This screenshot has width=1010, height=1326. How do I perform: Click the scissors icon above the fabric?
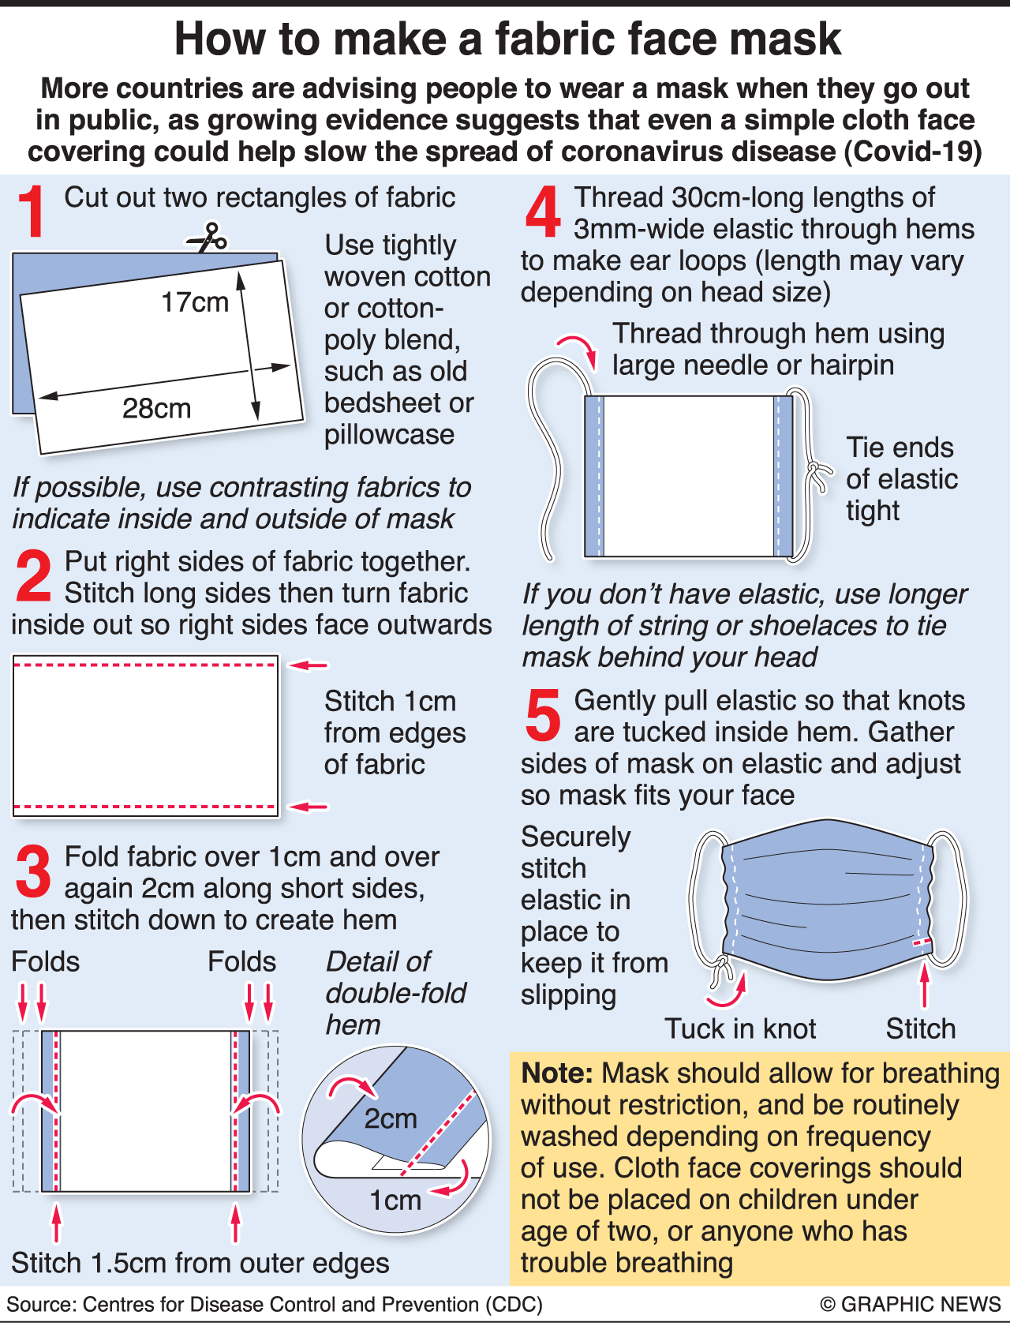(x=207, y=238)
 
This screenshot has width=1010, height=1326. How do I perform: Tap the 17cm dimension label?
(x=195, y=302)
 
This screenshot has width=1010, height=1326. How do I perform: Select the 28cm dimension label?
(x=156, y=408)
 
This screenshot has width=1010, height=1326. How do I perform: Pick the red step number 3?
(x=33, y=871)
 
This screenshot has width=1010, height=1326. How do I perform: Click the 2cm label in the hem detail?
(x=391, y=1119)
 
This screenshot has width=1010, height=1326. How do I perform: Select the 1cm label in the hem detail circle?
(x=395, y=1201)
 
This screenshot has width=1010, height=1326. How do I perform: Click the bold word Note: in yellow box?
(x=557, y=1073)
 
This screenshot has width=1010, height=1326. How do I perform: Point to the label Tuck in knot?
(x=740, y=1028)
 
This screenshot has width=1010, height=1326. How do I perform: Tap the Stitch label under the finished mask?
(x=921, y=1028)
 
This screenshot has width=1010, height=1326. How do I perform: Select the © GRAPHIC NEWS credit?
(x=911, y=1304)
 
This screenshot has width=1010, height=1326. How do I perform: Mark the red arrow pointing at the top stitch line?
(x=308, y=665)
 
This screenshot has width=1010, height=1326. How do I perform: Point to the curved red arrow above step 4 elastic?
(x=578, y=350)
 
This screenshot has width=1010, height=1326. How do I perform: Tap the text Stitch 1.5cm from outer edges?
(x=200, y=1263)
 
